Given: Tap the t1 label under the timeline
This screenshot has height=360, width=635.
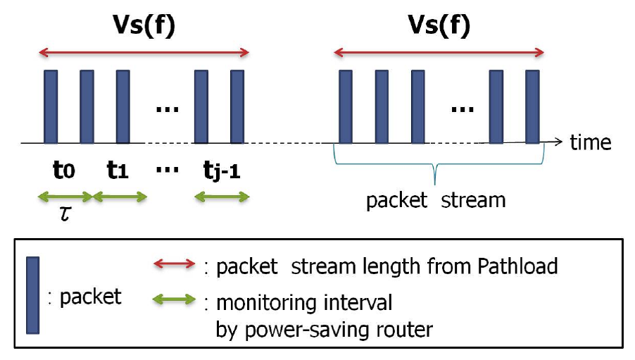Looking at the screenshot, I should pos(118,170).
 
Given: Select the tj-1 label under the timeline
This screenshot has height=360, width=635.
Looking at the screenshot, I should pos(220,170).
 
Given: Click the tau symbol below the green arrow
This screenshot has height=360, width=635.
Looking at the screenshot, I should pos(65,213).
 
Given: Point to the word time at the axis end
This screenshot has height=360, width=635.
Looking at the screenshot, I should pos(590,142).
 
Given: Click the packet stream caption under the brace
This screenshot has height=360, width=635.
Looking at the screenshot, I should pos(435,200).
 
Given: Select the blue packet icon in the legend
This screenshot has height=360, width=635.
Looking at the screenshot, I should pos(32,294).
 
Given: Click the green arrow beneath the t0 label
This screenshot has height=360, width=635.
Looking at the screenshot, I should pos(65,197).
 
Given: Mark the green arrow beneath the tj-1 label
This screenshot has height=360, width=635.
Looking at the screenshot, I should pos(222,197).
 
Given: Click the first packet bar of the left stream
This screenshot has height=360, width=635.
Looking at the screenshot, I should pos(51,106).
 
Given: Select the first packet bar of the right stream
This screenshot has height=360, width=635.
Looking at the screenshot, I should pos(345,106).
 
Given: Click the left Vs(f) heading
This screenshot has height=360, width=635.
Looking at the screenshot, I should pos(144,27).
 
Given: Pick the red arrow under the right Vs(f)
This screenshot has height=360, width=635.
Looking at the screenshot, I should pos(439,51).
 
